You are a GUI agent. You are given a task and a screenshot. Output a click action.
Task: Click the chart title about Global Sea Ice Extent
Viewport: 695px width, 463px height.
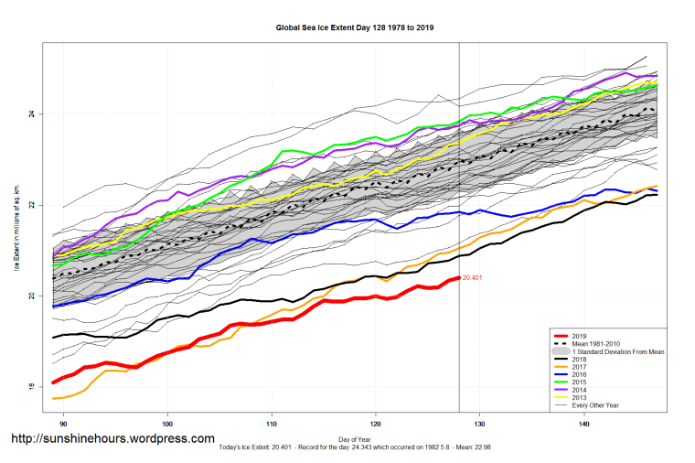(x=355, y=27)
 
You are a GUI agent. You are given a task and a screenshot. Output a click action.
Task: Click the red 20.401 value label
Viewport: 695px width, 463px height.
(x=473, y=277)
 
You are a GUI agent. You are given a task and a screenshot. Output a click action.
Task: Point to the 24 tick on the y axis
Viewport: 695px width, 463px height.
(x=32, y=114)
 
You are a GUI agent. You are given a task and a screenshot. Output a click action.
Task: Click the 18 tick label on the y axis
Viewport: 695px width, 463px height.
(x=32, y=387)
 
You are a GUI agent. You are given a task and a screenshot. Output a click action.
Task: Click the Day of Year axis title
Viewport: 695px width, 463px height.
(x=355, y=440)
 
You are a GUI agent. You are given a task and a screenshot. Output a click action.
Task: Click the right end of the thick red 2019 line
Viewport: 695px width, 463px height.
(x=458, y=277)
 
